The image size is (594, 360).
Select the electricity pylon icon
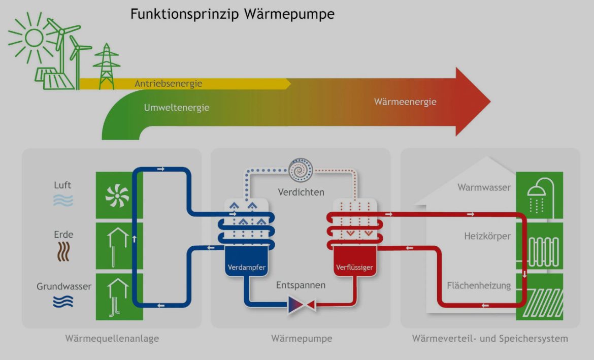click(x=107, y=67)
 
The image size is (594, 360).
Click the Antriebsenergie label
click(x=168, y=83)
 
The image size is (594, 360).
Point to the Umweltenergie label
click(x=176, y=108)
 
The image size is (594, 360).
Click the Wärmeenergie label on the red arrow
click(x=405, y=102)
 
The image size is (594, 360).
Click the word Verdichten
click(x=301, y=192)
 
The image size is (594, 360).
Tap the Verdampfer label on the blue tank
click(x=247, y=268)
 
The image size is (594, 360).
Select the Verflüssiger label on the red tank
click(x=355, y=268)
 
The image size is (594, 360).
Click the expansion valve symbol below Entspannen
click(x=302, y=305)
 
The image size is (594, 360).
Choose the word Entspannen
click(x=301, y=285)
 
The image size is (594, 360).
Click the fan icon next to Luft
click(x=117, y=195)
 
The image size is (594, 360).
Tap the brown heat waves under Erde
click(x=63, y=251)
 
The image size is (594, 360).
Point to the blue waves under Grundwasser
click(x=63, y=302)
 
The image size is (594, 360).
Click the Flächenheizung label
click(x=479, y=286)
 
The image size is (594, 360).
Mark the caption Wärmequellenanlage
click(x=112, y=339)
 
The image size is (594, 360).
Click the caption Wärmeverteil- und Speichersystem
click(x=490, y=339)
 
